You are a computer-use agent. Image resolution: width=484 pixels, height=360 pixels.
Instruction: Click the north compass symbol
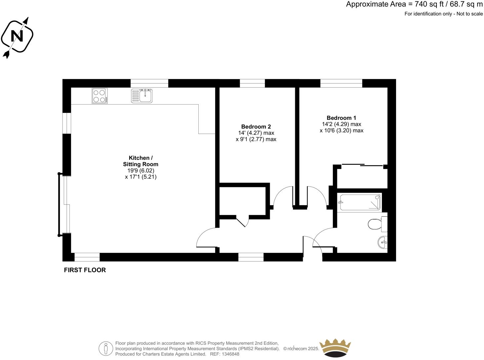pos(17,36)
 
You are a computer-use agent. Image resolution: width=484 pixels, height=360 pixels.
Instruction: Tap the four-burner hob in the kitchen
pos(100,96)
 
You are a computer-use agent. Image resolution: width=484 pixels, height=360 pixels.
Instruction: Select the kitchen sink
pos(142,96)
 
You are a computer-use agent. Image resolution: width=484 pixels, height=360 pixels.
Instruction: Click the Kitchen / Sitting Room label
pos(141,161)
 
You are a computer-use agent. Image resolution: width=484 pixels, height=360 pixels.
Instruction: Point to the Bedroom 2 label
pos(256,126)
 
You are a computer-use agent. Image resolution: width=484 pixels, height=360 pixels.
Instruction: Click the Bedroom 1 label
pos(341,118)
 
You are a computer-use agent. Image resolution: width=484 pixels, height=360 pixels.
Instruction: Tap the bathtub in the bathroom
pos(359,202)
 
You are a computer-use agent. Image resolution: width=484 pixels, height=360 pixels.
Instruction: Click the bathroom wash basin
pos(383,243)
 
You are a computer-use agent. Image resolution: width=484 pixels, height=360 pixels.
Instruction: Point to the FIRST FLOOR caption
pos(85,270)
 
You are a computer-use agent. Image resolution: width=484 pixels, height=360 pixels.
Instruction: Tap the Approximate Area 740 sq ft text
pos(414,4)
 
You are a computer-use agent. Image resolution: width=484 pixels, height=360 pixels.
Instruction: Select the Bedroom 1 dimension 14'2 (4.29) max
pos(341,124)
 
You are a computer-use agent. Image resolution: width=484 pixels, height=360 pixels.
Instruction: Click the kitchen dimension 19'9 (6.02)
pos(141,170)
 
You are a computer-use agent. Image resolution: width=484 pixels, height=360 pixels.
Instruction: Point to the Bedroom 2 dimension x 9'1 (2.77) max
pos(256,139)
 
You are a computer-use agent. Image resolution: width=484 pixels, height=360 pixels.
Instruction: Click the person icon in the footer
pos(106,348)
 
